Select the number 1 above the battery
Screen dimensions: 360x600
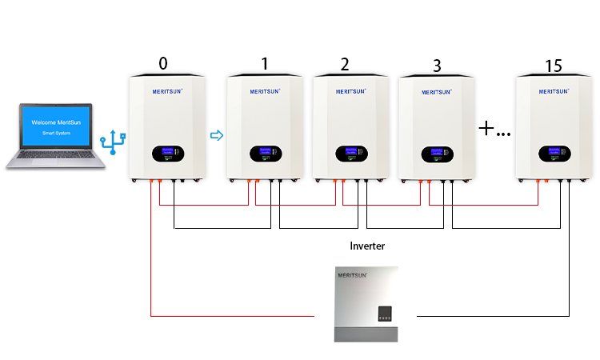[264, 64]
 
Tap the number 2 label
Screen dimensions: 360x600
[345, 64]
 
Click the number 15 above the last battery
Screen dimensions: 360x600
[552, 65]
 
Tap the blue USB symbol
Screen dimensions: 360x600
[113, 144]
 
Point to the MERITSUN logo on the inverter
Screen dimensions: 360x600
[352, 274]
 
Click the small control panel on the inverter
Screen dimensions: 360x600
[386, 312]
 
